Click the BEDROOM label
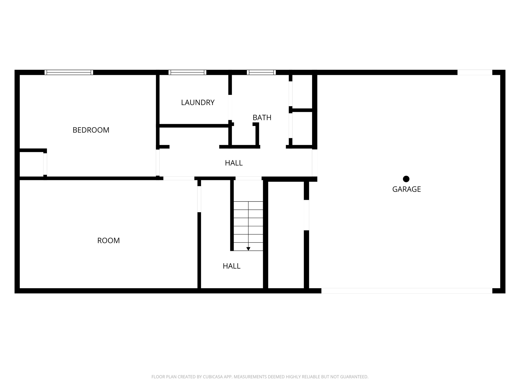[x=91, y=130]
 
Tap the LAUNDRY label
[x=198, y=103]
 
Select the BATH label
[x=262, y=118]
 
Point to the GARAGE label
[x=407, y=189]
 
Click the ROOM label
[x=108, y=240]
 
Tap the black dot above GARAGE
[x=406, y=179]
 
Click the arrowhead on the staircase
[x=248, y=249]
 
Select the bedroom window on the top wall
[x=69, y=72]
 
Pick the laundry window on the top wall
[x=187, y=72]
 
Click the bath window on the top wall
[x=261, y=72]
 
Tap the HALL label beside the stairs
[x=231, y=266]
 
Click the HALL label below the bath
[x=234, y=163]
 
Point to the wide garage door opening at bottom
[x=407, y=291]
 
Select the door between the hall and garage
[x=315, y=163]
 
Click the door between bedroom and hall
[x=158, y=162]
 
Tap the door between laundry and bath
[x=230, y=107]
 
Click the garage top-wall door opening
[x=475, y=72]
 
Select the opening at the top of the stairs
[x=248, y=178]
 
